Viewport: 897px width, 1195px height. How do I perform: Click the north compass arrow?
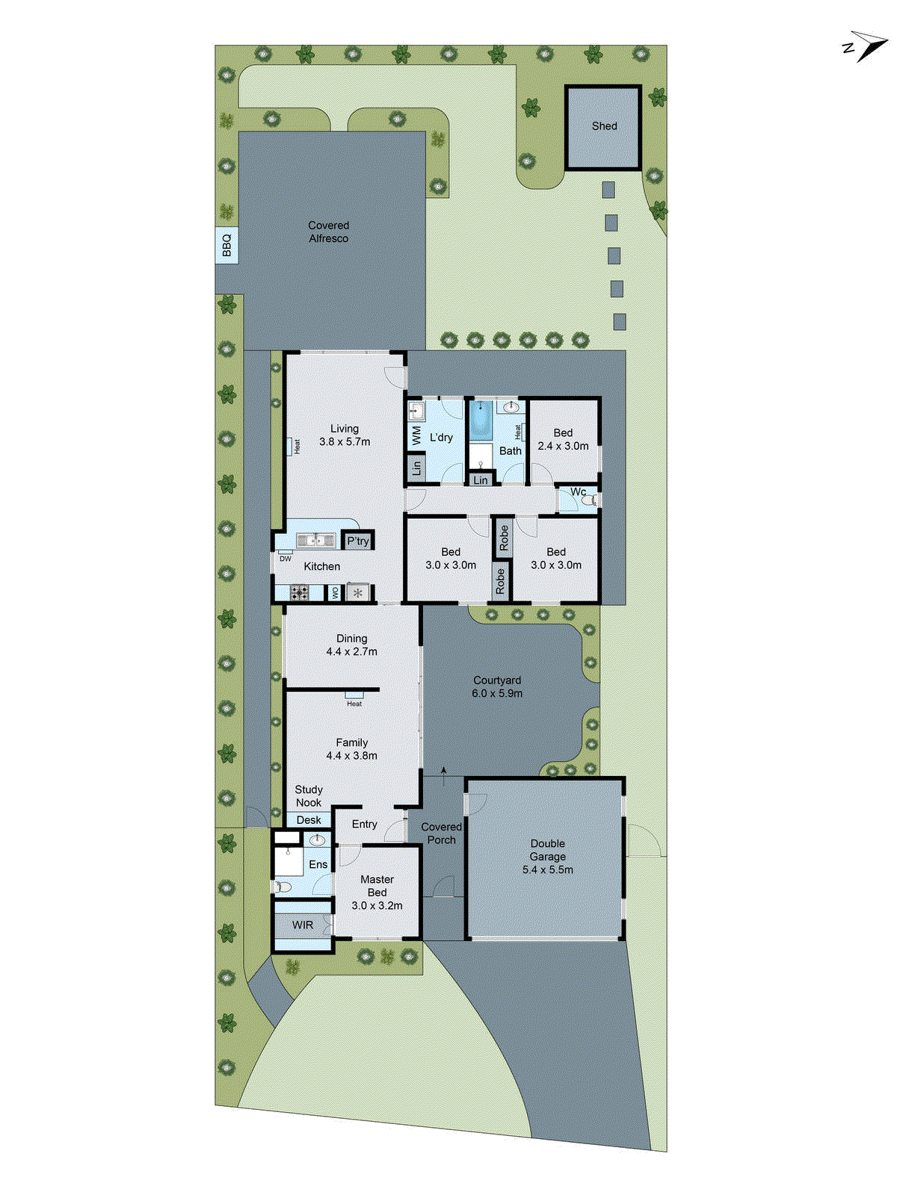869,46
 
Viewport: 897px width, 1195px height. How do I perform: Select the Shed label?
604,126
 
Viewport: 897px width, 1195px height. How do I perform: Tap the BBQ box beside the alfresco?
226,245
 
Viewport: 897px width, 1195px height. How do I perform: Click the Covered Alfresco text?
328,232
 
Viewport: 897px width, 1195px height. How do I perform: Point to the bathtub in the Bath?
479,421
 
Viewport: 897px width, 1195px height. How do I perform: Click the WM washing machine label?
416,435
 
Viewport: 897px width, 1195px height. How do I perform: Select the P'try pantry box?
357,541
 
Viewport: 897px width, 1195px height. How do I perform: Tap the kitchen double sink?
315,540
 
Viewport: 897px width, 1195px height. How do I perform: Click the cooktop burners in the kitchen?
299,594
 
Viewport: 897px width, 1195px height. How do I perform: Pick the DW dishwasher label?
286,559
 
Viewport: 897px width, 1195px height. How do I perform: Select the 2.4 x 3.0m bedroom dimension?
563,446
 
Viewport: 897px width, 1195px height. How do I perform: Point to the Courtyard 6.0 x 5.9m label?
497,687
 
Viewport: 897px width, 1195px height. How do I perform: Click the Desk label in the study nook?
308,820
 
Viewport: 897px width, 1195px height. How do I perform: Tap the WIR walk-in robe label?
302,925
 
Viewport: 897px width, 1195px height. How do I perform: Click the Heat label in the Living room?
297,447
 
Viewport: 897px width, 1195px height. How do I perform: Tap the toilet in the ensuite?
283,887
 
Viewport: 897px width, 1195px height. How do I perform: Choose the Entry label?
364,825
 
